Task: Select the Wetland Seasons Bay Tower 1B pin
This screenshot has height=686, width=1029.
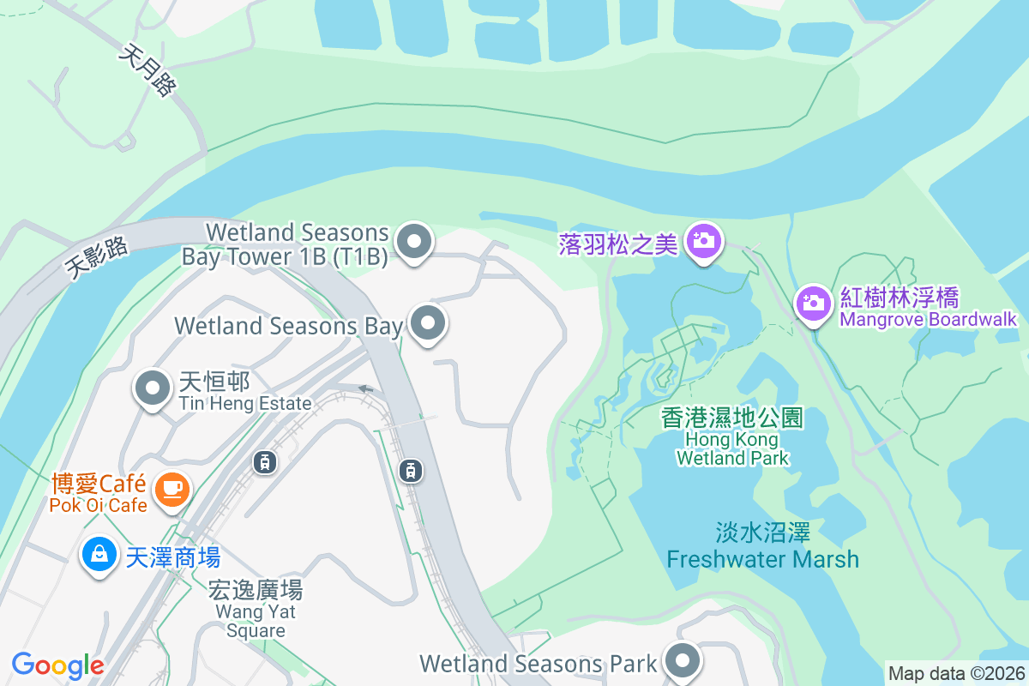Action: [415, 242]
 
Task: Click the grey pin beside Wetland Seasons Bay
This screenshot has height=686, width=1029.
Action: [428, 324]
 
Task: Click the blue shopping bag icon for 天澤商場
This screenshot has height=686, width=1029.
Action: [99, 554]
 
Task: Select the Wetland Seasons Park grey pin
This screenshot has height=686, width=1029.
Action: [683, 661]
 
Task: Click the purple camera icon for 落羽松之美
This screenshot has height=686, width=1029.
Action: [703, 242]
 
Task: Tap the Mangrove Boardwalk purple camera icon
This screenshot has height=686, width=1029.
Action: [812, 303]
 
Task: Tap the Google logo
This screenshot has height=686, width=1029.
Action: [57, 665]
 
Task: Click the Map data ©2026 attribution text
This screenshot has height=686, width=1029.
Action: [955, 673]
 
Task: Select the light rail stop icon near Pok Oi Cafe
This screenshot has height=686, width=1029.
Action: [264, 462]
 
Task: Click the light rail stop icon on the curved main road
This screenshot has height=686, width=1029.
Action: [412, 470]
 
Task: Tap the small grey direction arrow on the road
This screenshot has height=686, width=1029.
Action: [366, 389]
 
